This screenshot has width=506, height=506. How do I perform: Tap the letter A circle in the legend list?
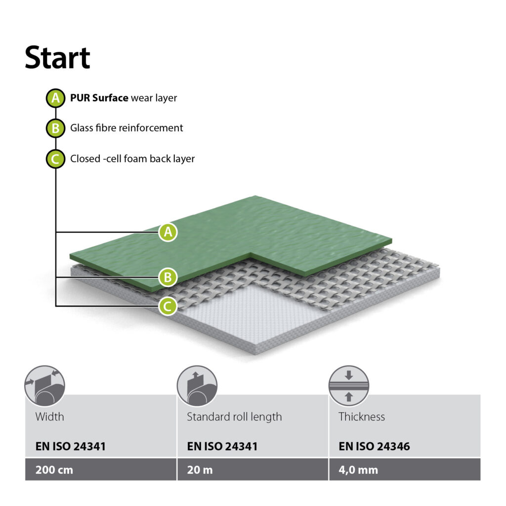(x=55, y=98)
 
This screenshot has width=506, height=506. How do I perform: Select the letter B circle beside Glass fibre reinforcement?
(x=55, y=128)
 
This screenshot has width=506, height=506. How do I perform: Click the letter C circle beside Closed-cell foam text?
(x=55, y=159)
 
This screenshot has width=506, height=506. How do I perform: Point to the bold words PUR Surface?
(x=99, y=98)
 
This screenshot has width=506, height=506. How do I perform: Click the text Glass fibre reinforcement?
(x=126, y=128)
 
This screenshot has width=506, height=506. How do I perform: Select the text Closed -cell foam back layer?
(x=132, y=159)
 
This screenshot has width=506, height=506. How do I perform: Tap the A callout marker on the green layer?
(x=168, y=232)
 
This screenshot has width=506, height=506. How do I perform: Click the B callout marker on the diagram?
(x=168, y=277)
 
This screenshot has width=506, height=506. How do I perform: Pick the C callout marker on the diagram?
(x=168, y=306)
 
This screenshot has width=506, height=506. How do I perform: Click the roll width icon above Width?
(x=45, y=386)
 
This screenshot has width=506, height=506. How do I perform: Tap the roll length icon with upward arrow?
(x=197, y=386)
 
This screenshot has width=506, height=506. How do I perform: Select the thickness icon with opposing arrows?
(x=349, y=386)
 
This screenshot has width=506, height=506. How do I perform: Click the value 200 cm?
(x=54, y=470)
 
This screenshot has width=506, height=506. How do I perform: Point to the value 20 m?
(x=200, y=470)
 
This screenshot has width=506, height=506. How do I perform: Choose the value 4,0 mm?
(x=358, y=470)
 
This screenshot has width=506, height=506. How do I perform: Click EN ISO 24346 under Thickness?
(x=375, y=446)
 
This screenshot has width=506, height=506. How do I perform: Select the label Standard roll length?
(x=234, y=417)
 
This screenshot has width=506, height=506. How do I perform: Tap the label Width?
(x=50, y=417)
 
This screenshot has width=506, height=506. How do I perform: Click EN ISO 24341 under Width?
(x=71, y=446)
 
